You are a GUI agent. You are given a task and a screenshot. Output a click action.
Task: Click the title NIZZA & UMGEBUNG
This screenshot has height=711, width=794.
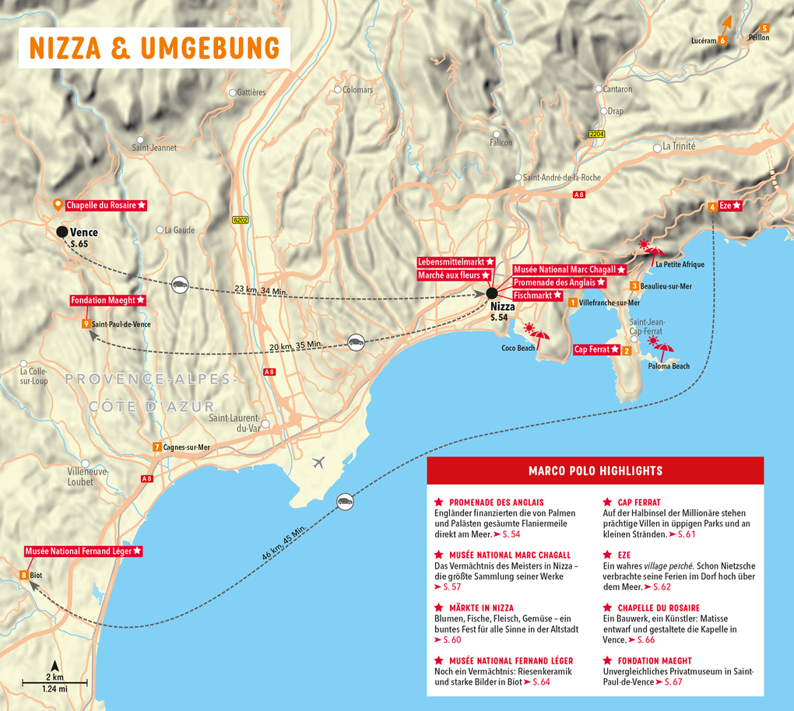tap(154, 47)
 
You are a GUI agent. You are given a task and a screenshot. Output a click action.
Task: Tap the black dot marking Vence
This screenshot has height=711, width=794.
tap(62, 232)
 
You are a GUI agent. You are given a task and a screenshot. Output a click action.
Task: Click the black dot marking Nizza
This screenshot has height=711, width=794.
tap(492, 293)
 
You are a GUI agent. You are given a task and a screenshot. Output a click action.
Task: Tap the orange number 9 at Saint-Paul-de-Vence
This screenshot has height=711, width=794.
tap(85, 324)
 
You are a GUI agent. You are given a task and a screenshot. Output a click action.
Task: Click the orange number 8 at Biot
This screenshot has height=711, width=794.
tap(24, 576)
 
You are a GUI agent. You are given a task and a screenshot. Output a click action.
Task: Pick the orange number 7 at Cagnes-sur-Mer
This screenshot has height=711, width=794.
tap(157, 447)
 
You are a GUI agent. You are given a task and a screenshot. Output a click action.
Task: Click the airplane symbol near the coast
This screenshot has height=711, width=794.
tap(318, 463)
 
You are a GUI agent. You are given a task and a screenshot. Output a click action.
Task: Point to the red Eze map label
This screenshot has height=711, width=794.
tap(730, 205)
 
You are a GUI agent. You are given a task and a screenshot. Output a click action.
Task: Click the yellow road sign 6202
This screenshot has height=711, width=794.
tap(241, 220)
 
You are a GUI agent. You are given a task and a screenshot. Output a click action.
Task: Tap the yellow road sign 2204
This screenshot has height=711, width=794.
tap(597, 135)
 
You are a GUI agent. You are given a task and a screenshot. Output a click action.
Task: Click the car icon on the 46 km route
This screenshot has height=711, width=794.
tap(344, 501)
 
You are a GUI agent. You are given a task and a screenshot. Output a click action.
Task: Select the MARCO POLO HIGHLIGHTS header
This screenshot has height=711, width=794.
tap(595, 471)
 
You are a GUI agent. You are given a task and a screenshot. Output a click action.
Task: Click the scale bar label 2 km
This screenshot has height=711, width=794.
tap(54, 678)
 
